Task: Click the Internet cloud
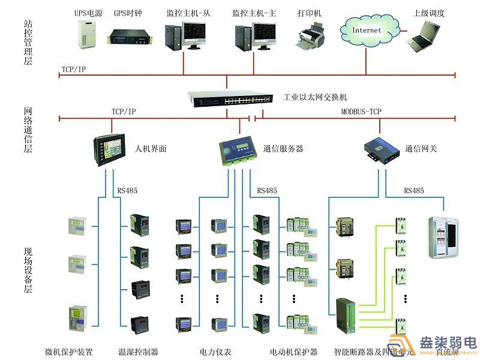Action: pyautogui.click(x=367, y=29)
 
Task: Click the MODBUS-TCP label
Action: pyautogui.click(x=361, y=112)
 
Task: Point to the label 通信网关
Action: pyautogui.click(x=421, y=148)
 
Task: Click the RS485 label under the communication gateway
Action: pyautogui.click(x=413, y=191)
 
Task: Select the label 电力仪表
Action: pyautogui.click(x=215, y=352)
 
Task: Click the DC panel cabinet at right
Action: pyautogui.click(x=445, y=238)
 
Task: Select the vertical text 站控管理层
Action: pyautogui.click(x=28, y=41)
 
